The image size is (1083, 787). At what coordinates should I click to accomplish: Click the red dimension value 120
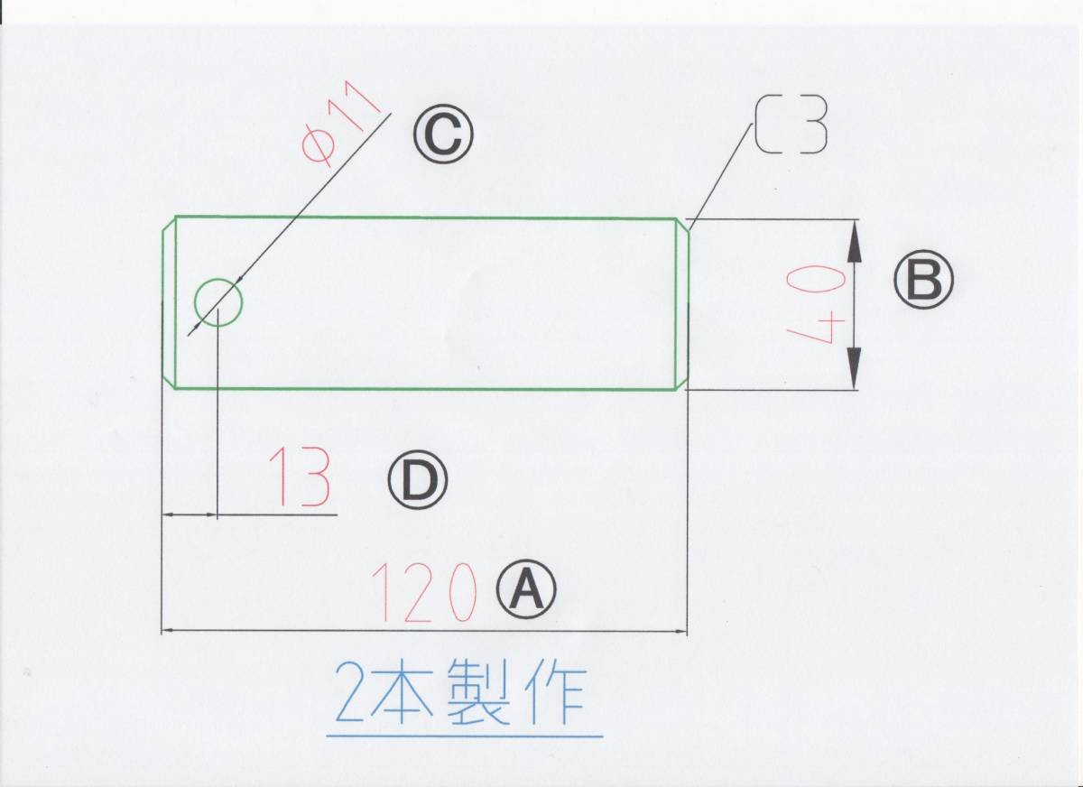(x=423, y=593)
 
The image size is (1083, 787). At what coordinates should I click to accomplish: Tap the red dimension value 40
(x=817, y=305)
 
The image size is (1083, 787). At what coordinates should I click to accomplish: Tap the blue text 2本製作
(x=460, y=693)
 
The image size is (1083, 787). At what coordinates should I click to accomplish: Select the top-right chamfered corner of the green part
(x=683, y=226)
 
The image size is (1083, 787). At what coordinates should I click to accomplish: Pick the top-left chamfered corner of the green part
(x=169, y=224)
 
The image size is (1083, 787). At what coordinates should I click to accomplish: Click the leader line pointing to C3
(x=722, y=171)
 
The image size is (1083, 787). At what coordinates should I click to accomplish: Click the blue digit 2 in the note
(x=350, y=693)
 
